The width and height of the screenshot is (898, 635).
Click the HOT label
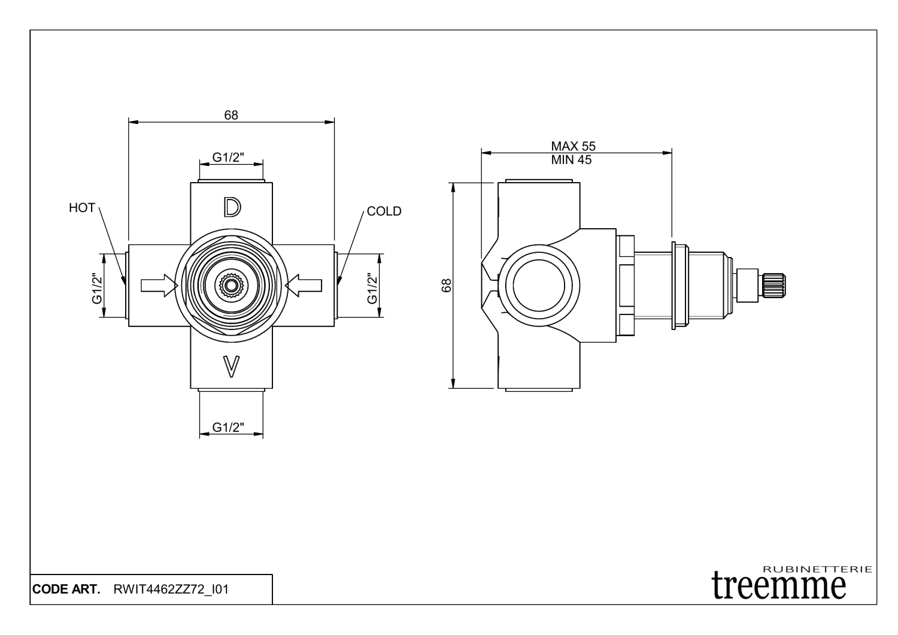(82, 208)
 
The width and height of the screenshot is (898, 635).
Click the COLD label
(384, 211)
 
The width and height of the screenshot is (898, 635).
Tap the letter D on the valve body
(232, 207)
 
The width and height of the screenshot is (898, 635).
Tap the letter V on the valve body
(232, 366)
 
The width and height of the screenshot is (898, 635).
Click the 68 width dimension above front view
(231, 115)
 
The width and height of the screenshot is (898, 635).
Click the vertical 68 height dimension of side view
(446, 286)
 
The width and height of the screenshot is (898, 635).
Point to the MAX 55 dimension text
(573, 146)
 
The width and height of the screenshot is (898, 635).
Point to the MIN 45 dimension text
(571, 160)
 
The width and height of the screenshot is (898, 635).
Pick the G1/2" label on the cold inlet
(372, 288)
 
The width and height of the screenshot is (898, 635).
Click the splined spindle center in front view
(230, 286)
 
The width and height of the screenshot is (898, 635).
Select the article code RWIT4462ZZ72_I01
(170, 589)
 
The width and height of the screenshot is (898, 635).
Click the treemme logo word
(779, 582)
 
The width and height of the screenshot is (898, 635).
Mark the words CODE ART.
(66, 589)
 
